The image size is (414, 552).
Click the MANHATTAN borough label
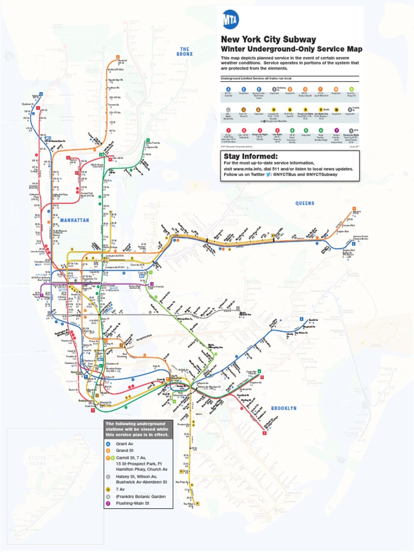pyautogui.click(x=74, y=220)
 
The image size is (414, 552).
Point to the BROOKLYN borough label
pyautogui.click(x=284, y=409)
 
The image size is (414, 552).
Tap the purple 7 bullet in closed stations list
pyautogui.click(x=108, y=503)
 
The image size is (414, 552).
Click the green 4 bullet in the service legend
pyautogui.click(x=292, y=130)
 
